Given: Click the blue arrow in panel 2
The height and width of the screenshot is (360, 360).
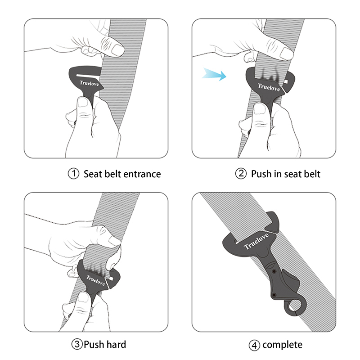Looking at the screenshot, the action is [x=215, y=74].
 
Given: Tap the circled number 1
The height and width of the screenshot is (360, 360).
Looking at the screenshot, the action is [x=73, y=174].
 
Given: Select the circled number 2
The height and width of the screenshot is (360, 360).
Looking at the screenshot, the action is [x=241, y=174].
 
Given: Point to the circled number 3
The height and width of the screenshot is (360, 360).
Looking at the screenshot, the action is [x=77, y=344].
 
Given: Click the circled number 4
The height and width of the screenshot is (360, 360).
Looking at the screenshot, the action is [x=254, y=345].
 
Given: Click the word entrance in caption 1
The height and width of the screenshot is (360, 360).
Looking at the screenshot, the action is [x=143, y=174].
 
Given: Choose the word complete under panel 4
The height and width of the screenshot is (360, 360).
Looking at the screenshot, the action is [x=283, y=345].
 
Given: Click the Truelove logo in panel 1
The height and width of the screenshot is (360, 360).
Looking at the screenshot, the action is [x=89, y=83].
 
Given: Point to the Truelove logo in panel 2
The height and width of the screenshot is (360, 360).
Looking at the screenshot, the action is [x=269, y=87].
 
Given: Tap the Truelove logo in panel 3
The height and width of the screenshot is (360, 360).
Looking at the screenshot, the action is [x=95, y=280].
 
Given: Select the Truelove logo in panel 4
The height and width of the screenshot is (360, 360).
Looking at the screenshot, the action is [x=256, y=241].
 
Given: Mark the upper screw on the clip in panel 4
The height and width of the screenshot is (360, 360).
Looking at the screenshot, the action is [x=274, y=271].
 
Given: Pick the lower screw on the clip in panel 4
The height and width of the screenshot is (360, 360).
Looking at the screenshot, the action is [x=274, y=295].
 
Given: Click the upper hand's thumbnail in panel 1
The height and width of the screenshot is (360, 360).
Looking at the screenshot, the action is [x=118, y=50].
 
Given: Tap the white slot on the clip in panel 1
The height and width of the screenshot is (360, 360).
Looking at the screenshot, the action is [x=87, y=75].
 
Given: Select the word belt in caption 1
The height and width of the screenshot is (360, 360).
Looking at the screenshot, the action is [x=114, y=174].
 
